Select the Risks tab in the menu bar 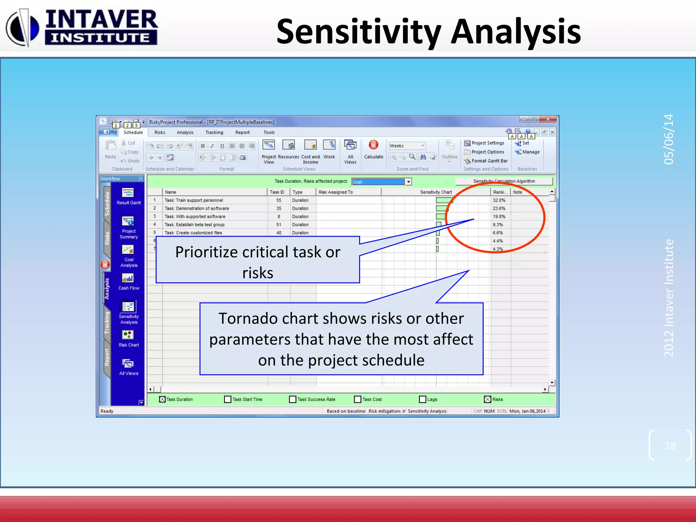click(x=160, y=132)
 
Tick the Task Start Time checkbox click(x=228, y=399)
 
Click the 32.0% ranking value click(x=499, y=200)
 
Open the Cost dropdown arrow click(x=408, y=182)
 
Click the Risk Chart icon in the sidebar click(x=128, y=335)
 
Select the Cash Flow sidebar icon click(x=128, y=279)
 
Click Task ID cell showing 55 click(x=279, y=200)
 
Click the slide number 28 click(x=670, y=446)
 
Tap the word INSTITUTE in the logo click(x=101, y=38)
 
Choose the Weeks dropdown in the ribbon click(x=407, y=145)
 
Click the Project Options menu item click(x=487, y=152)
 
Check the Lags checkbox click(x=422, y=399)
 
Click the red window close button click(x=547, y=119)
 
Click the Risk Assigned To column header click(x=335, y=192)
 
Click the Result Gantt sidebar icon click(x=128, y=193)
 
